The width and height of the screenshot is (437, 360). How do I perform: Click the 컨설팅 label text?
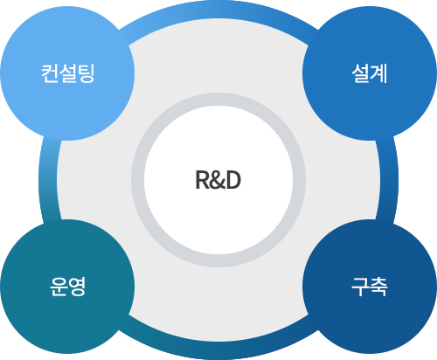67,73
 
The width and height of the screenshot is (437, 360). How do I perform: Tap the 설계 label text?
369,73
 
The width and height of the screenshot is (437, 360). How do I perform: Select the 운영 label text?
67,287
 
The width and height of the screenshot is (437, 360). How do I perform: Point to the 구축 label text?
369,287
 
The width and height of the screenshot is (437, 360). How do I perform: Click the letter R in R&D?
201,181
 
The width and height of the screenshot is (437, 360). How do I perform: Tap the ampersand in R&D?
217,181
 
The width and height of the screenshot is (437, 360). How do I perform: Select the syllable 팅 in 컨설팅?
86,73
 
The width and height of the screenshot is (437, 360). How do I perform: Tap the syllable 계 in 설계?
378,73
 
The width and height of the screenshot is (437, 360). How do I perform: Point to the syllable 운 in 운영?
58,287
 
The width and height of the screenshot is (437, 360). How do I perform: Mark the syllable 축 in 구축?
378,287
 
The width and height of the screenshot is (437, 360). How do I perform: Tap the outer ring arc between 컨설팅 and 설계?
218,10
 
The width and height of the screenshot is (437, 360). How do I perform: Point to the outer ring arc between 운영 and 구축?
218,352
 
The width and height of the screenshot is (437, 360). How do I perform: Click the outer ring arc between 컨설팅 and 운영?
45,180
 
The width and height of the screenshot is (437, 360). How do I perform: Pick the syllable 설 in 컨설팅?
67,73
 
